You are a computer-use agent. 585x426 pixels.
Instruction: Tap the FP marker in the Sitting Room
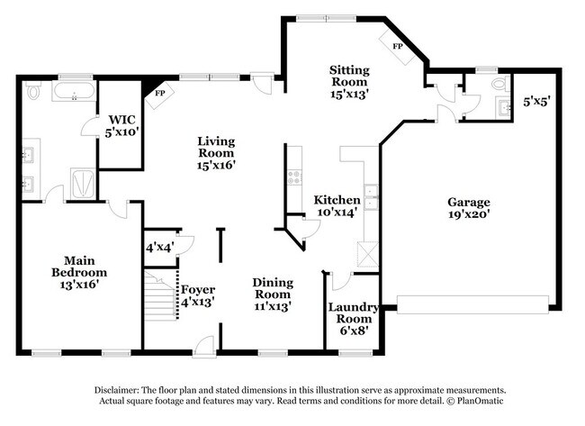click(x=398, y=46)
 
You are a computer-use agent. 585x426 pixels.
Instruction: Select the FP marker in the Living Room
click(x=160, y=93)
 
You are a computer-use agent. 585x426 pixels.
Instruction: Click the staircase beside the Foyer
click(x=159, y=296)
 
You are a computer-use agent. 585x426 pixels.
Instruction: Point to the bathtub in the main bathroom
click(x=74, y=91)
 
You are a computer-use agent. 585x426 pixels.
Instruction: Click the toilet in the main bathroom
click(x=33, y=91)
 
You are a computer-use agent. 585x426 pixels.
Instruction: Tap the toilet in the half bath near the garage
click(x=500, y=83)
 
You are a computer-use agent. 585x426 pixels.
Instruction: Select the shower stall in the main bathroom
click(x=83, y=183)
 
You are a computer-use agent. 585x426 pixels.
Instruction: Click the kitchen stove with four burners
click(x=294, y=177)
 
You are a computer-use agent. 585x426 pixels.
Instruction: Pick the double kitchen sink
click(x=371, y=197)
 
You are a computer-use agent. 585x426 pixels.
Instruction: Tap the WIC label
click(x=122, y=120)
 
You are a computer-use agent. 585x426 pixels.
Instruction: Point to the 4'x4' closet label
click(x=160, y=247)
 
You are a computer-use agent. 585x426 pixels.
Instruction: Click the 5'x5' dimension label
click(x=536, y=101)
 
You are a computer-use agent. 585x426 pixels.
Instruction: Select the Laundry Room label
click(x=354, y=313)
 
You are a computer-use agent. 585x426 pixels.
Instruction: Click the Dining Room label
click(x=273, y=288)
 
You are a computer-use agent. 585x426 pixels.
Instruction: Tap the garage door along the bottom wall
click(x=472, y=304)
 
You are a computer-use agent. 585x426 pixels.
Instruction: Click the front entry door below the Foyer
click(x=204, y=348)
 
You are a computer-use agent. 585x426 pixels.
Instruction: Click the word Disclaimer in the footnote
click(x=117, y=390)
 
